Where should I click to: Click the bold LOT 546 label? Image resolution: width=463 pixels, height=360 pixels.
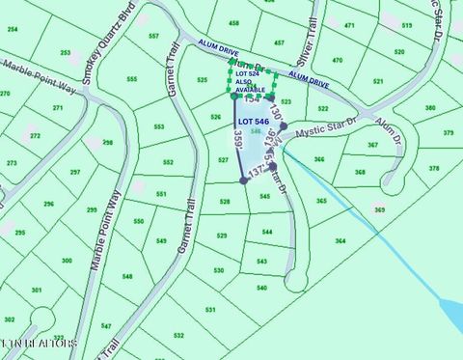pyautogui.click(x=253, y=122)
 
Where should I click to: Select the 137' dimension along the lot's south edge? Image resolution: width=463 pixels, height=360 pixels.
pyautogui.click(x=257, y=172)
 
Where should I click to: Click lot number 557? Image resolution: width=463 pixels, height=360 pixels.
pyautogui.click(x=153, y=36)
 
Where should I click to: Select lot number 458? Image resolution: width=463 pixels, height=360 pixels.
pyautogui.click(x=233, y=22)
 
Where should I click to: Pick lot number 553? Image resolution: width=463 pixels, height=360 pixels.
pyautogui.click(x=158, y=126)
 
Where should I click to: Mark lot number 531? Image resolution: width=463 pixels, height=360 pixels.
pyautogui.click(x=210, y=310)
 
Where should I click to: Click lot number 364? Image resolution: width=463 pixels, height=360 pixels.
pyautogui.click(x=340, y=240)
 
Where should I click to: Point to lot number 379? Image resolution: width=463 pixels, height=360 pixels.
pyautogui.click(x=449, y=132)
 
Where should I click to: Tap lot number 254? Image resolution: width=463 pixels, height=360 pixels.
pyautogui.click(x=13, y=29)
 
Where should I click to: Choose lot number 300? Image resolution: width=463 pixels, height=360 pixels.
pyautogui.click(x=67, y=261)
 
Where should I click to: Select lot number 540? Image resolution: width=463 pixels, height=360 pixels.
pyautogui.click(x=261, y=288)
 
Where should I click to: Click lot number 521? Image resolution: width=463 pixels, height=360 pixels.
pyautogui.click(x=378, y=82)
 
